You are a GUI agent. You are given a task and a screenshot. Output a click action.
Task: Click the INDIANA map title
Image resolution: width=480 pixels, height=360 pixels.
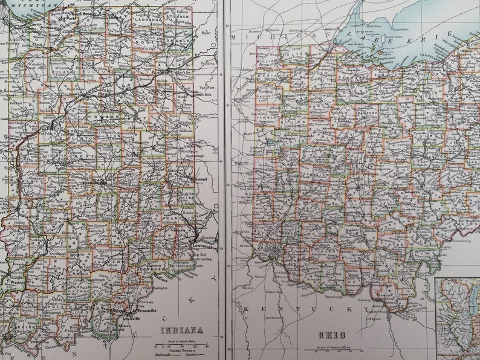(181, 330)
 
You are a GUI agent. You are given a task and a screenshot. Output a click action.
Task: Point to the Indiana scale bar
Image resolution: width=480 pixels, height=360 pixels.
(181, 346)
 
